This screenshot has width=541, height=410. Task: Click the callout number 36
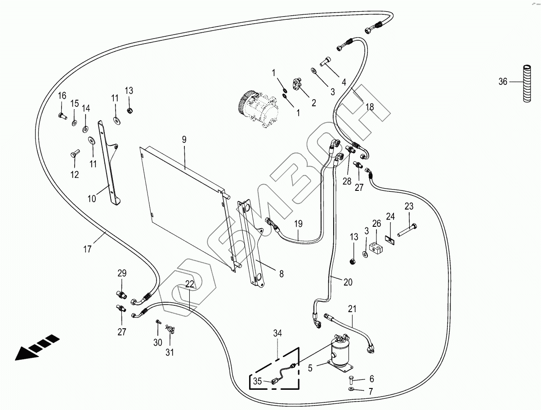click(x=503, y=82)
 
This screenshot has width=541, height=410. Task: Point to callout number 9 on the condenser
click(x=184, y=140)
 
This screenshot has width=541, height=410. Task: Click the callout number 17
click(x=87, y=248)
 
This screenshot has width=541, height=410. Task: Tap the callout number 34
click(x=277, y=333)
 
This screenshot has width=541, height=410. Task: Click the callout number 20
click(x=348, y=282)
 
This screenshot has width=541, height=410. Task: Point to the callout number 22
click(x=190, y=284)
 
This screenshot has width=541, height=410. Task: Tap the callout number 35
click(x=257, y=382)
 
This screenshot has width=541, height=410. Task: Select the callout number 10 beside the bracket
click(x=92, y=198)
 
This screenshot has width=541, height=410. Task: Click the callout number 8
click(x=281, y=273)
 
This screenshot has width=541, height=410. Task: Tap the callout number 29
click(x=122, y=273)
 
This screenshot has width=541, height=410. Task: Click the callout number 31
click(x=169, y=353)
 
